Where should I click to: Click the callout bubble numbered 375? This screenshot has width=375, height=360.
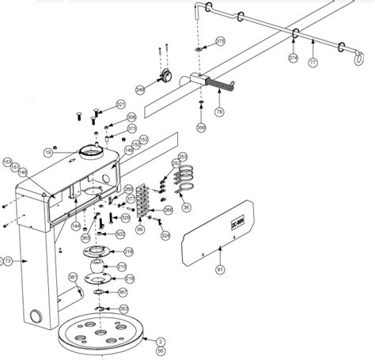[220, 40]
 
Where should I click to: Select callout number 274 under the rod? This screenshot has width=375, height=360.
[293, 59]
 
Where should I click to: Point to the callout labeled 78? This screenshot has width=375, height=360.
[219, 112]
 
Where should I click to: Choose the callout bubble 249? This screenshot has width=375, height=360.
[140, 89]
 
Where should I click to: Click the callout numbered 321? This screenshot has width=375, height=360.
[120, 104]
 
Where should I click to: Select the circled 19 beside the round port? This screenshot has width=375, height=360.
[47, 152]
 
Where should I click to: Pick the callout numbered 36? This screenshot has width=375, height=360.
[187, 207]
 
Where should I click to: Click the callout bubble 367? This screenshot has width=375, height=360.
[123, 293]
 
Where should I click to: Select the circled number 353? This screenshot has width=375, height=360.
[123, 309]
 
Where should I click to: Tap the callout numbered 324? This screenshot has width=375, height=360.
[165, 235]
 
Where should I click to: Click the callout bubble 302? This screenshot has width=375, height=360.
[120, 234]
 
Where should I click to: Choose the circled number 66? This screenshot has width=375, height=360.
[140, 229]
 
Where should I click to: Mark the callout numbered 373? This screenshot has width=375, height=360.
[131, 128]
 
